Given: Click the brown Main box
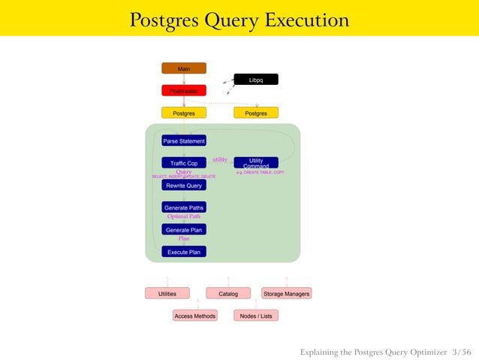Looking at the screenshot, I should pos(184,68).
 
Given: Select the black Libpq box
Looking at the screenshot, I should pos(256,80).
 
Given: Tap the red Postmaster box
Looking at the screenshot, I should pos(184,91).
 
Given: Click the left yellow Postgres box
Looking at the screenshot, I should pos(184,113).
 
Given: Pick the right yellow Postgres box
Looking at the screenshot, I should pos(256,113).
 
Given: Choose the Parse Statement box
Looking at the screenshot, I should pos(184,141).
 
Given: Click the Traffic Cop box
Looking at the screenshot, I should pos(184,162).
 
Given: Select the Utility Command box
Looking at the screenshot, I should pos(256,162).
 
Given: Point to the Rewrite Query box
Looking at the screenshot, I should pos(184,185).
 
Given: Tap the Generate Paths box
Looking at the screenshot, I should pos(184,207).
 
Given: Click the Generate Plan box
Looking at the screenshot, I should pos(184,229).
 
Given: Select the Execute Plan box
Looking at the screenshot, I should pos(184,252).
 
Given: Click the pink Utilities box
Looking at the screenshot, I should pos(167,294).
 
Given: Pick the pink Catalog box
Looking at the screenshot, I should pos(228,294).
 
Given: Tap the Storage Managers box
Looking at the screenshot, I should pos(286,294).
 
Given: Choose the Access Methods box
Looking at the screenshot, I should pos(195,316).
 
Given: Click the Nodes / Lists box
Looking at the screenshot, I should pos(256,316).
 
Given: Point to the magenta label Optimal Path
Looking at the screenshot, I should pos(184,216).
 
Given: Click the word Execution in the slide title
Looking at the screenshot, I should pos(308,20).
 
